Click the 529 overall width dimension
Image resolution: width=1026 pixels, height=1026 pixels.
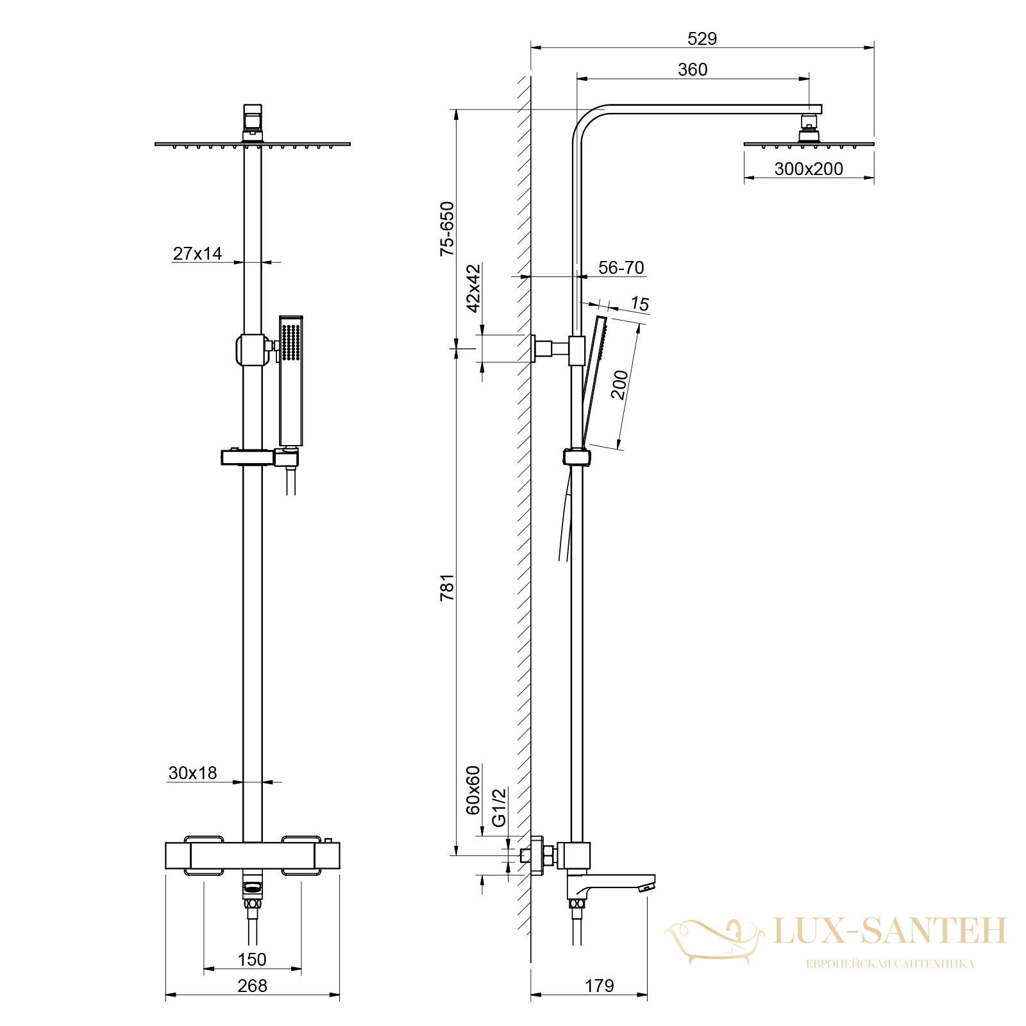coord(702,38)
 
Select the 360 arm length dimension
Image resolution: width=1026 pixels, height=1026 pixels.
coord(693,69)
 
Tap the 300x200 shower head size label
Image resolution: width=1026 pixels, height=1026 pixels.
coord(809,169)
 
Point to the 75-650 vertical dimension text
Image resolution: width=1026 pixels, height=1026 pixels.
coord(447,229)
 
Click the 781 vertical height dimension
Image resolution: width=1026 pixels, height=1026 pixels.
coord(447,587)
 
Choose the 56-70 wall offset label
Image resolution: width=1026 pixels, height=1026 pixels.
coord(621,267)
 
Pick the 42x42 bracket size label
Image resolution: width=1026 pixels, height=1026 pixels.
coord(473,288)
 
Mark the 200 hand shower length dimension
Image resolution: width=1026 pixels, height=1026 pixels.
coord(619,385)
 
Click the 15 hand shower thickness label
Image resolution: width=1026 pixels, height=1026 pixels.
coord(640,304)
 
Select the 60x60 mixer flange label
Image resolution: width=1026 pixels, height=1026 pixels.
coord(473,790)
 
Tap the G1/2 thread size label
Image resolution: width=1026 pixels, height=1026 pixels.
coord(499,807)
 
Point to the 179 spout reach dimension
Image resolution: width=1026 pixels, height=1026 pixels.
coord(600,986)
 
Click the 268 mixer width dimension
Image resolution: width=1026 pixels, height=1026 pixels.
coord(252,986)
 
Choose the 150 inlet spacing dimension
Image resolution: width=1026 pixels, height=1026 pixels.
coord(252,959)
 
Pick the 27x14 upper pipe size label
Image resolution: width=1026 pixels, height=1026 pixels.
coord(198,253)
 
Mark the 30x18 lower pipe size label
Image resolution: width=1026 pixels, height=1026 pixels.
coord(193,773)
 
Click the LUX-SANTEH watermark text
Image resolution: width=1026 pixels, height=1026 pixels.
coord(890,930)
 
